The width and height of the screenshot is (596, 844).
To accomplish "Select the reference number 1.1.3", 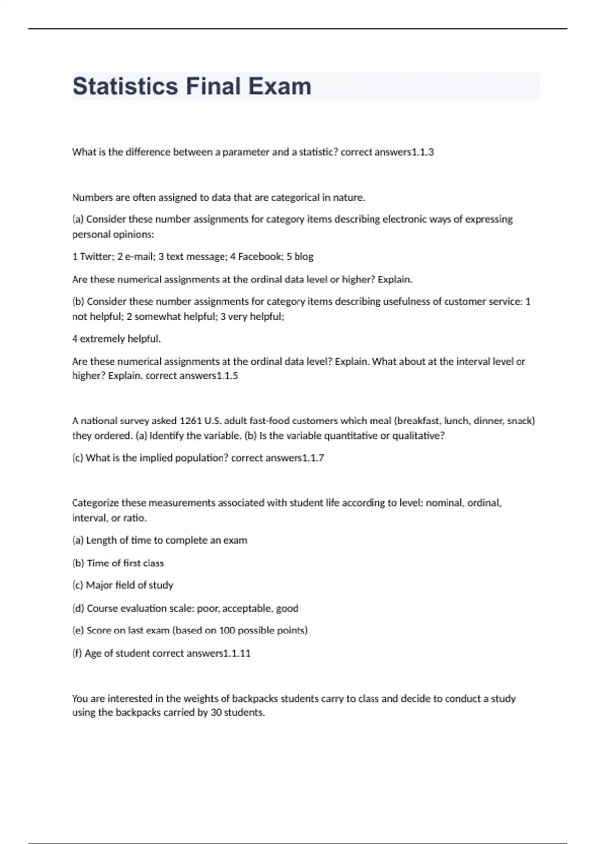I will pos(423,152).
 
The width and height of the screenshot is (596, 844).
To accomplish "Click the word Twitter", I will pos(97,257).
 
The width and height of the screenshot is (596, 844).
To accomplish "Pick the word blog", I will pos(304,257).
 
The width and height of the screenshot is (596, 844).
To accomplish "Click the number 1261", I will pos(190,421).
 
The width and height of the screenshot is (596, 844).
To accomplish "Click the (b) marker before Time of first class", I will pos(78,563).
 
